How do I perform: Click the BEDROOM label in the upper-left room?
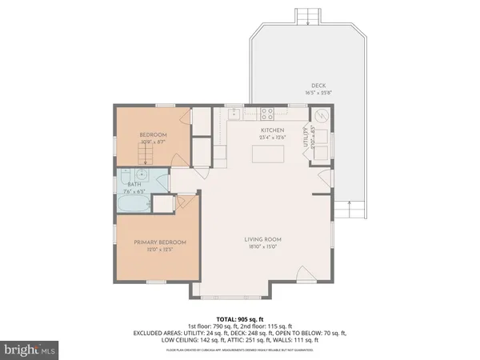point(153,135)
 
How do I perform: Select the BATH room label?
point(133,184)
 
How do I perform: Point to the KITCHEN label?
point(273,130)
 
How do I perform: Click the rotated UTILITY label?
point(305,140)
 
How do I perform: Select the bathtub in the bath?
point(133,205)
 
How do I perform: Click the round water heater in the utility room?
point(320,117)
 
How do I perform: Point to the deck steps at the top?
point(310,17)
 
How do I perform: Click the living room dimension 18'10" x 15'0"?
point(263,247)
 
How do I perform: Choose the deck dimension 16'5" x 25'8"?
point(318,94)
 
